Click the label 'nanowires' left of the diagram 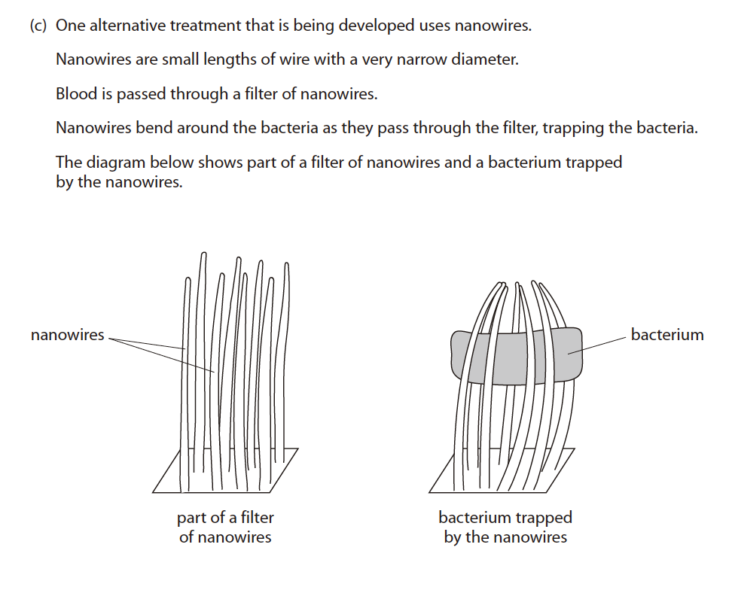tap(67, 335)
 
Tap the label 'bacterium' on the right tap(666, 335)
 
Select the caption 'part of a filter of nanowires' tap(225, 527)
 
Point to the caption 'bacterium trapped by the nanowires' tap(505, 527)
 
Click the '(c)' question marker tap(38, 26)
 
